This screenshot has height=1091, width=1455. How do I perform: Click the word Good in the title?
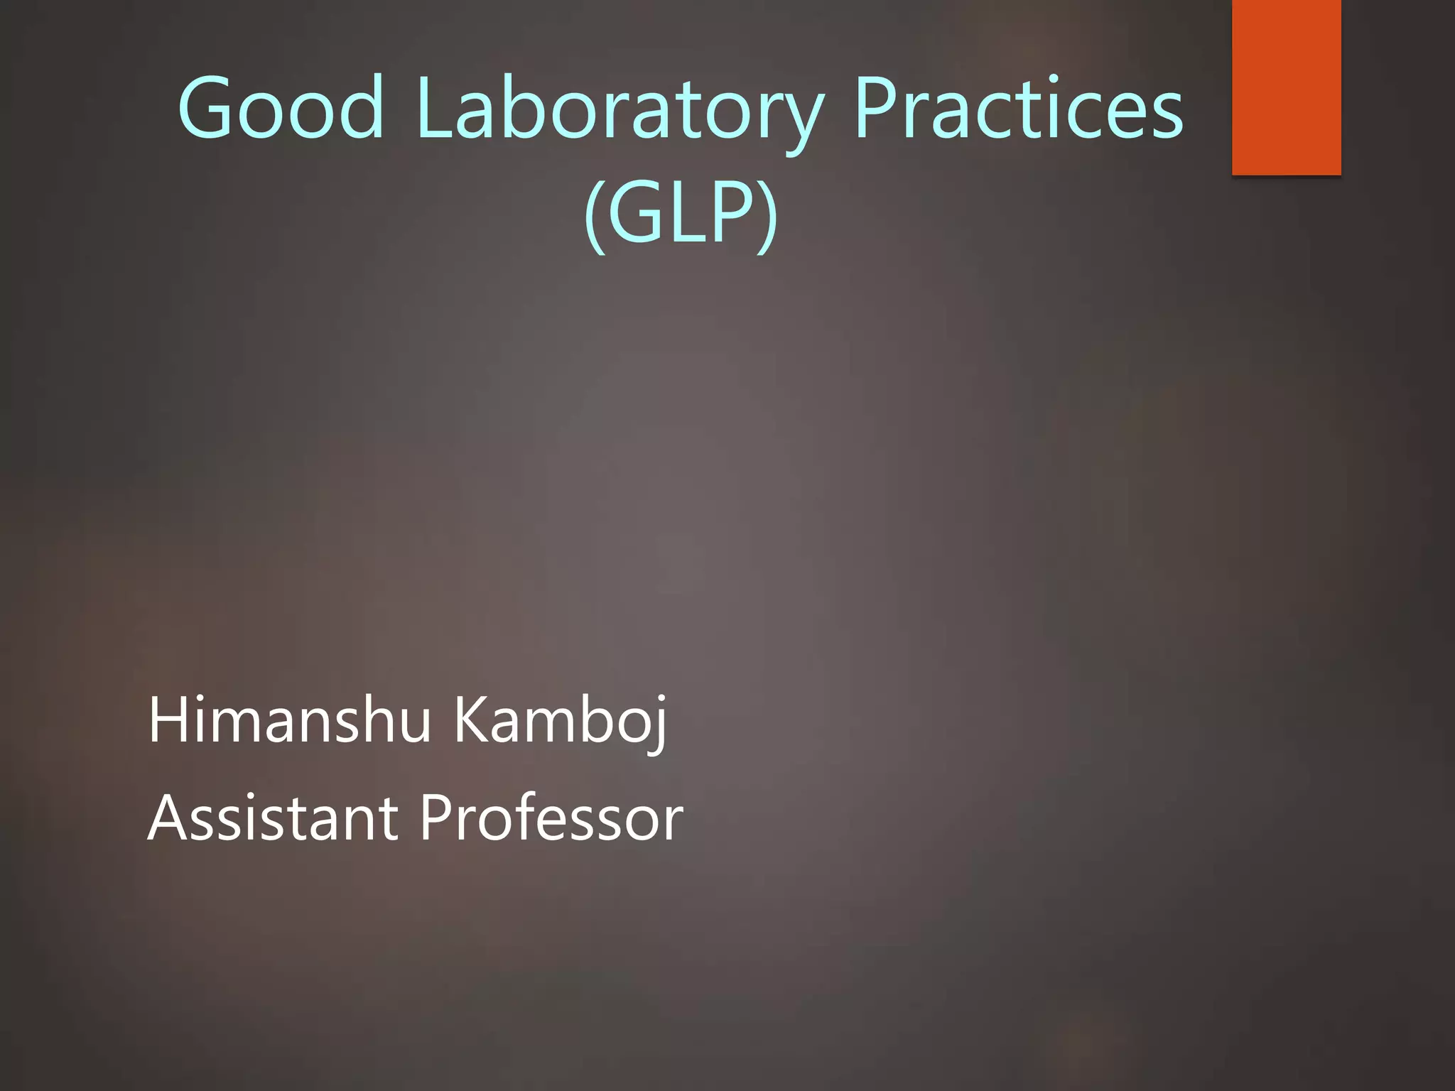click(x=281, y=108)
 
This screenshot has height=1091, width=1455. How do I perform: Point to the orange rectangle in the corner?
click(x=1286, y=87)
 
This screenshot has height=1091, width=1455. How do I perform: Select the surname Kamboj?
click(x=560, y=722)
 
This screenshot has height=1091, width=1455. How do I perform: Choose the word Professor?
click(x=551, y=818)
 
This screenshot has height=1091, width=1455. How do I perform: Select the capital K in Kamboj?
click(x=472, y=720)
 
